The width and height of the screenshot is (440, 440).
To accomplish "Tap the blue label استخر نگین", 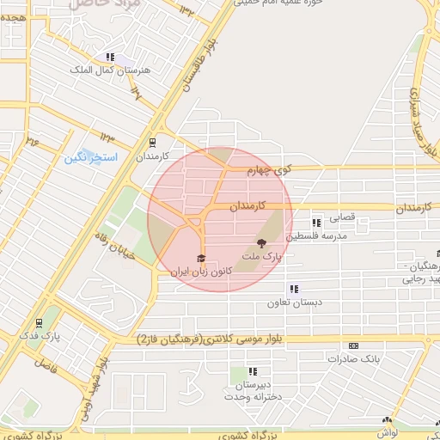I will (87, 158).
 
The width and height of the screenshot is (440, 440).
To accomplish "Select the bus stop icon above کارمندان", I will (152, 144).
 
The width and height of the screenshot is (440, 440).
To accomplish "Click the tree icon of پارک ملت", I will (261, 243).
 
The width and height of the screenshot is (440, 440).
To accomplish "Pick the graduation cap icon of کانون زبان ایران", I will (202, 257).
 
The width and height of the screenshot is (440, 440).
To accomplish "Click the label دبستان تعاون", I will (295, 302).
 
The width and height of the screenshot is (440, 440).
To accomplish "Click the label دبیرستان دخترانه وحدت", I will (254, 389).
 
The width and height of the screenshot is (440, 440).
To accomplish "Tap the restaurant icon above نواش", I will (387, 421).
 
